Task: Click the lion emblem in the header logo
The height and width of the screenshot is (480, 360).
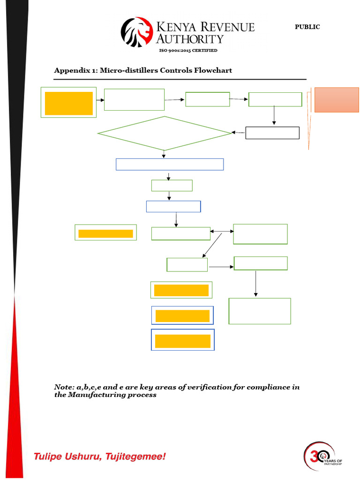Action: (x=137, y=32)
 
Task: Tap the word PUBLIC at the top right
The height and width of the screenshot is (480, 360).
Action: (x=307, y=27)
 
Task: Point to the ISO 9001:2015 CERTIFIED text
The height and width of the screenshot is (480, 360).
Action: (x=188, y=51)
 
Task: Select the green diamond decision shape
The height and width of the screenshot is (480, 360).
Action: (x=164, y=134)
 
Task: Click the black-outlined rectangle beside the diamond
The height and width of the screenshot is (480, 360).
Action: (x=272, y=133)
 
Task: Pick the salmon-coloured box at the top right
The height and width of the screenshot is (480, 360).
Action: (x=336, y=100)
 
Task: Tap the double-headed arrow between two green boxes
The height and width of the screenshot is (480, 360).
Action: (x=222, y=232)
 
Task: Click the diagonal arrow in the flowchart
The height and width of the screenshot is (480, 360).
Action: (x=212, y=245)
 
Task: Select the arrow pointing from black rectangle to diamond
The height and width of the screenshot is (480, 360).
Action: (x=239, y=133)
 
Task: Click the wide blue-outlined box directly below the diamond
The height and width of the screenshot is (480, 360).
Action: (x=169, y=165)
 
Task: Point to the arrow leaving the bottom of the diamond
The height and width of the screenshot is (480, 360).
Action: (x=164, y=154)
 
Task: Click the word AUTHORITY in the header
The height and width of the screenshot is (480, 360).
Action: (x=190, y=39)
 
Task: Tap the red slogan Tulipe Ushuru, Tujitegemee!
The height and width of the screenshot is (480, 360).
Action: (x=99, y=456)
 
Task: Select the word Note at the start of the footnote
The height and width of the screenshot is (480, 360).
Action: (x=63, y=387)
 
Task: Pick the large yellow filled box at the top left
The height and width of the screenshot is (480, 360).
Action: (x=68, y=103)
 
